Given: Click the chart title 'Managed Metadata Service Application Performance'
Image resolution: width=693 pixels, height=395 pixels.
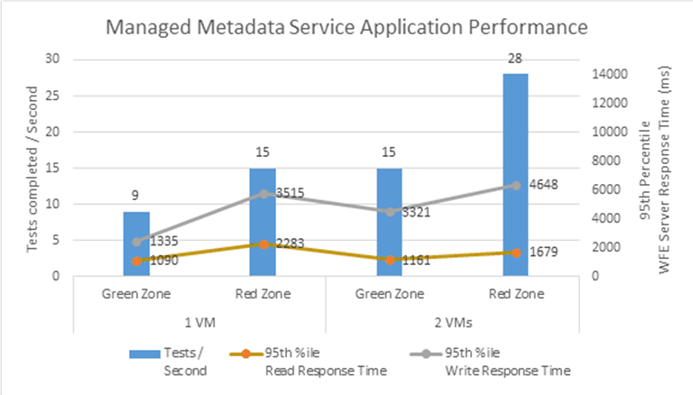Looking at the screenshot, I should click(347, 27).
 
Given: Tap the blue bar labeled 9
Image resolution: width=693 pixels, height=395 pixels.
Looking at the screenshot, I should click(135, 243).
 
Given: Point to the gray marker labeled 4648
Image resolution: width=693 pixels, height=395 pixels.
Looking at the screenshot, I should click(515, 186).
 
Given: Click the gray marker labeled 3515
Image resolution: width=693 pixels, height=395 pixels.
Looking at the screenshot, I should click(263, 194).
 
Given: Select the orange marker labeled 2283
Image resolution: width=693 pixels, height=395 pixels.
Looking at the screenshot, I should click(263, 244).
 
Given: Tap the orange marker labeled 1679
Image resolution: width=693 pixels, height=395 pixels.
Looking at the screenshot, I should click(515, 253).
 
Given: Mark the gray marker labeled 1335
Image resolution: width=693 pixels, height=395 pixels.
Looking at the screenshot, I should click(136, 242).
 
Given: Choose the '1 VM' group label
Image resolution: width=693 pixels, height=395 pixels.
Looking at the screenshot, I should click(199, 319).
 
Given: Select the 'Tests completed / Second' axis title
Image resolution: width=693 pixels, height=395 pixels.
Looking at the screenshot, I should click(32, 168).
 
